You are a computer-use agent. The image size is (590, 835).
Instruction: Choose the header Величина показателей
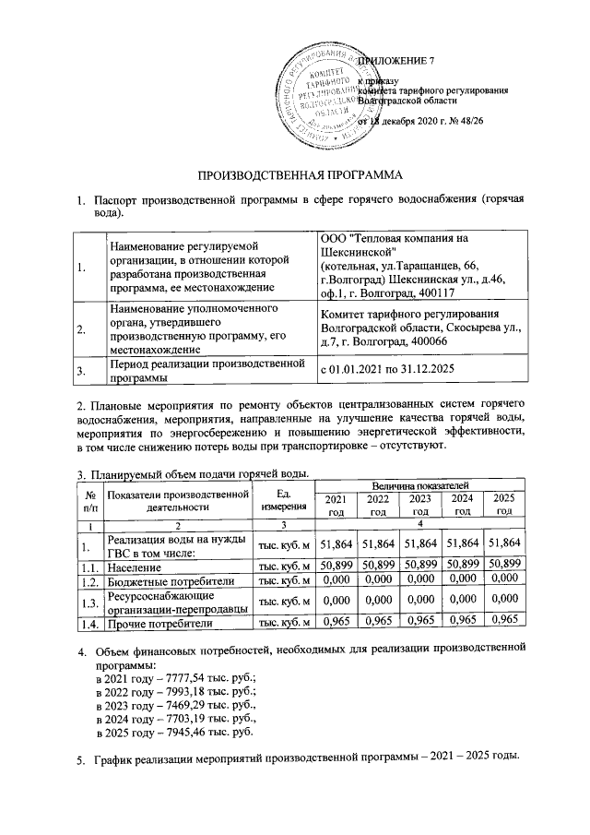click(x=419, y=484)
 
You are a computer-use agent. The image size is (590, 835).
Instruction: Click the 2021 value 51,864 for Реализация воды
click(x=336, y=543)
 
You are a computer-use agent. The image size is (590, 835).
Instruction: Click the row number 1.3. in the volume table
click(x=88, y=602)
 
